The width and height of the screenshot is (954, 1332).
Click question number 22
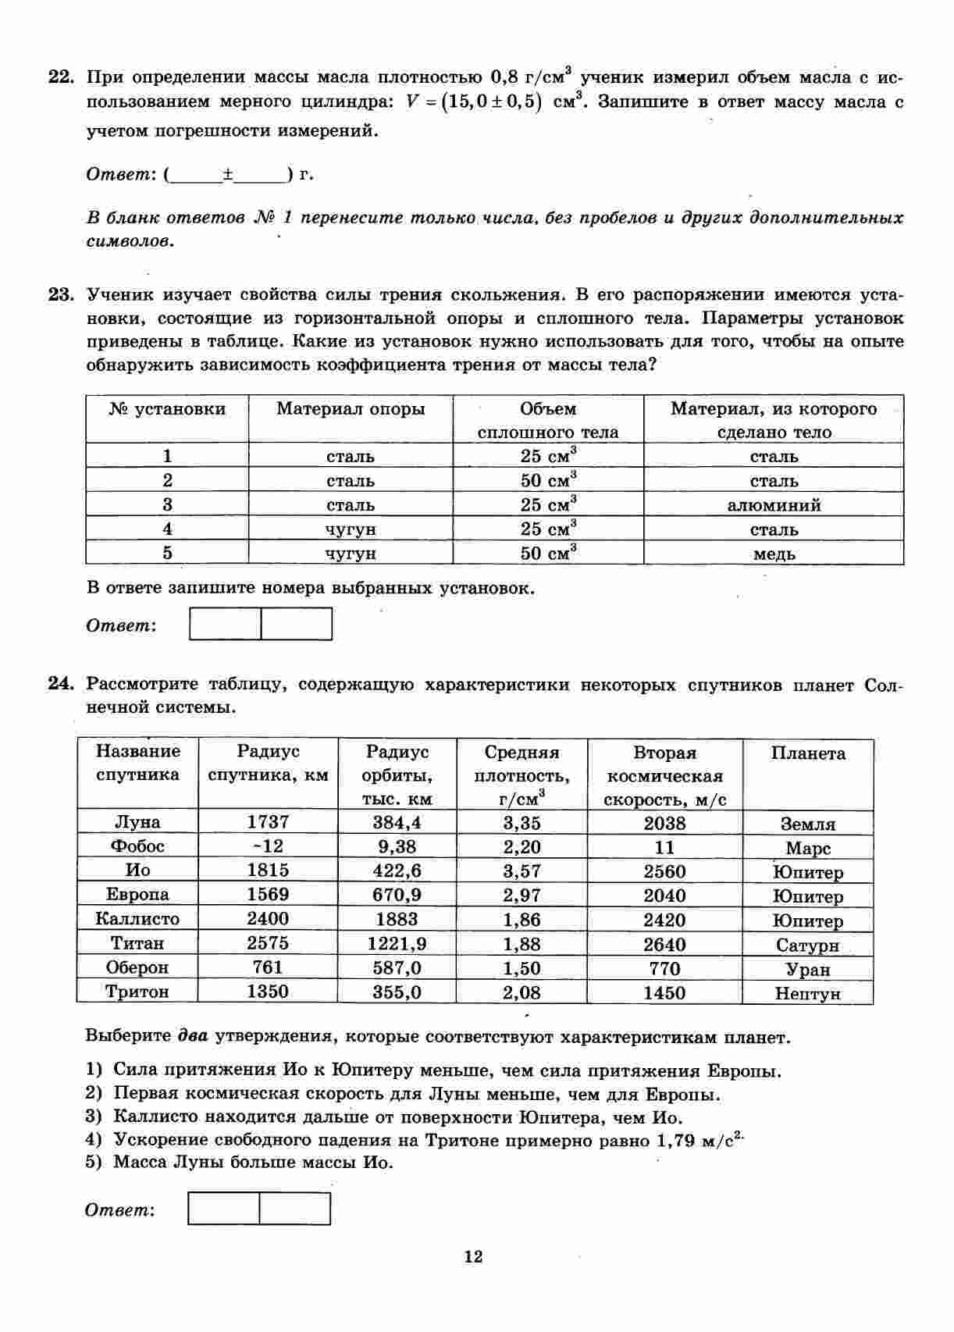coord(60,77)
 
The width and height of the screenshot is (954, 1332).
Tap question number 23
coord(60,295)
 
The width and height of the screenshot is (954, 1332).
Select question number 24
coord(60,685)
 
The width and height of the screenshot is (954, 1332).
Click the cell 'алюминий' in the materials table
coord(774,505)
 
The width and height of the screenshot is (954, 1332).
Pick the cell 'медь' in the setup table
coord(774,554)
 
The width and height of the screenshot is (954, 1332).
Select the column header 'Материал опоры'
coord(351,409)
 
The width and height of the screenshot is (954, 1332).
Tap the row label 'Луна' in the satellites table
coord(137,822)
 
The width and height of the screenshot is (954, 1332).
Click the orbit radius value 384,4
coord(397,822)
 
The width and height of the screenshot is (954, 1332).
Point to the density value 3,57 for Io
coord(521,871)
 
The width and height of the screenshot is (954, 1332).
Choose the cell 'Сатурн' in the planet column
coord(807,946)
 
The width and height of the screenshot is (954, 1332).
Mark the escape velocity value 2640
coord(664,945)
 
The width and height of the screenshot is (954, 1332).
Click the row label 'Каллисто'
coord(137,919)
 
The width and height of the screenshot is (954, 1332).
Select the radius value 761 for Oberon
coord(268,967)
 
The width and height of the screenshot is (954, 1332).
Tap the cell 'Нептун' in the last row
coord(807,993)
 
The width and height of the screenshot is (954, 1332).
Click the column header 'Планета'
coord(808,753)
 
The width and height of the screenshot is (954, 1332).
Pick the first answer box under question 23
coord(225,625)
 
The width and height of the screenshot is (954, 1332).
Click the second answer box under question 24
coord(295,1209)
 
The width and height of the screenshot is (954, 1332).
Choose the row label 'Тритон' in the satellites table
coord(137,992)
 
